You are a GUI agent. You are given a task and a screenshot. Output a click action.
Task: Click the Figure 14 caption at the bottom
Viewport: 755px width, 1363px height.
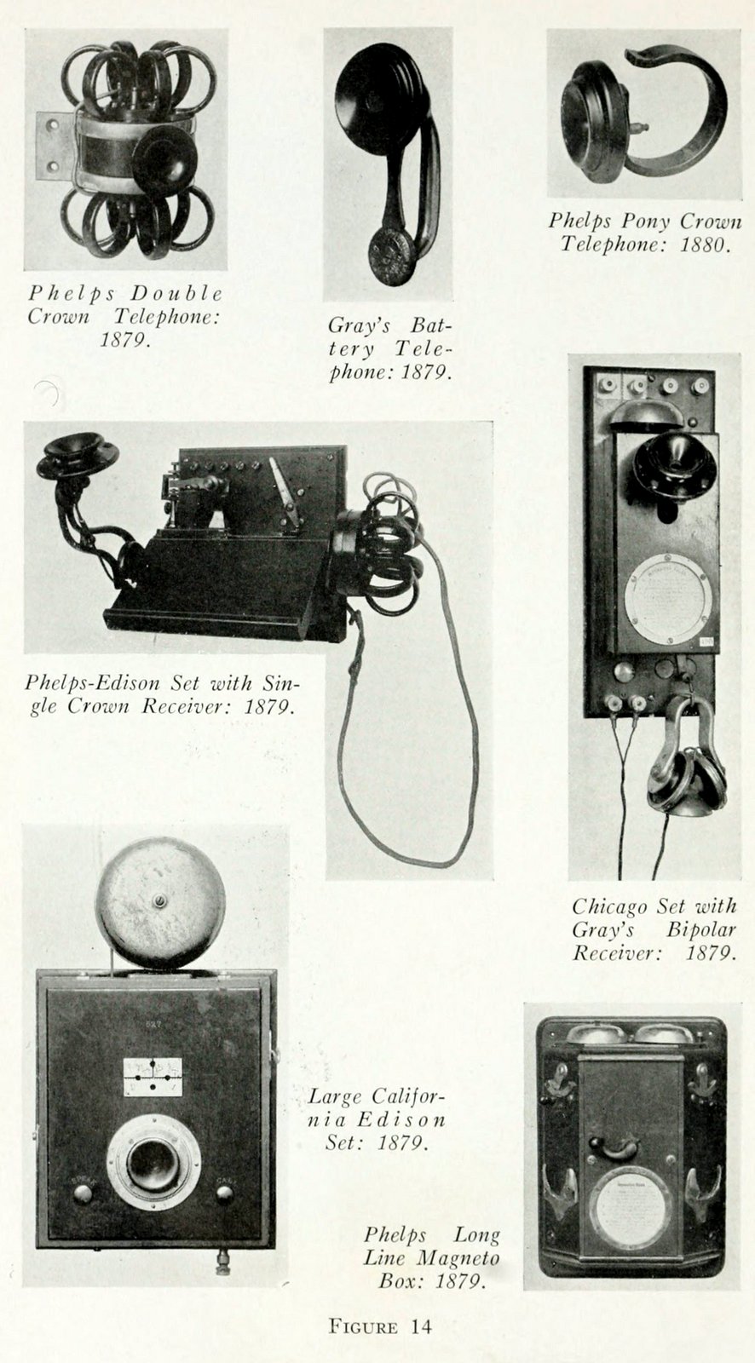coord(380,1326)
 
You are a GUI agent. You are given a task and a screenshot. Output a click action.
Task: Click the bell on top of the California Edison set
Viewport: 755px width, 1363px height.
coord(159,901)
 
